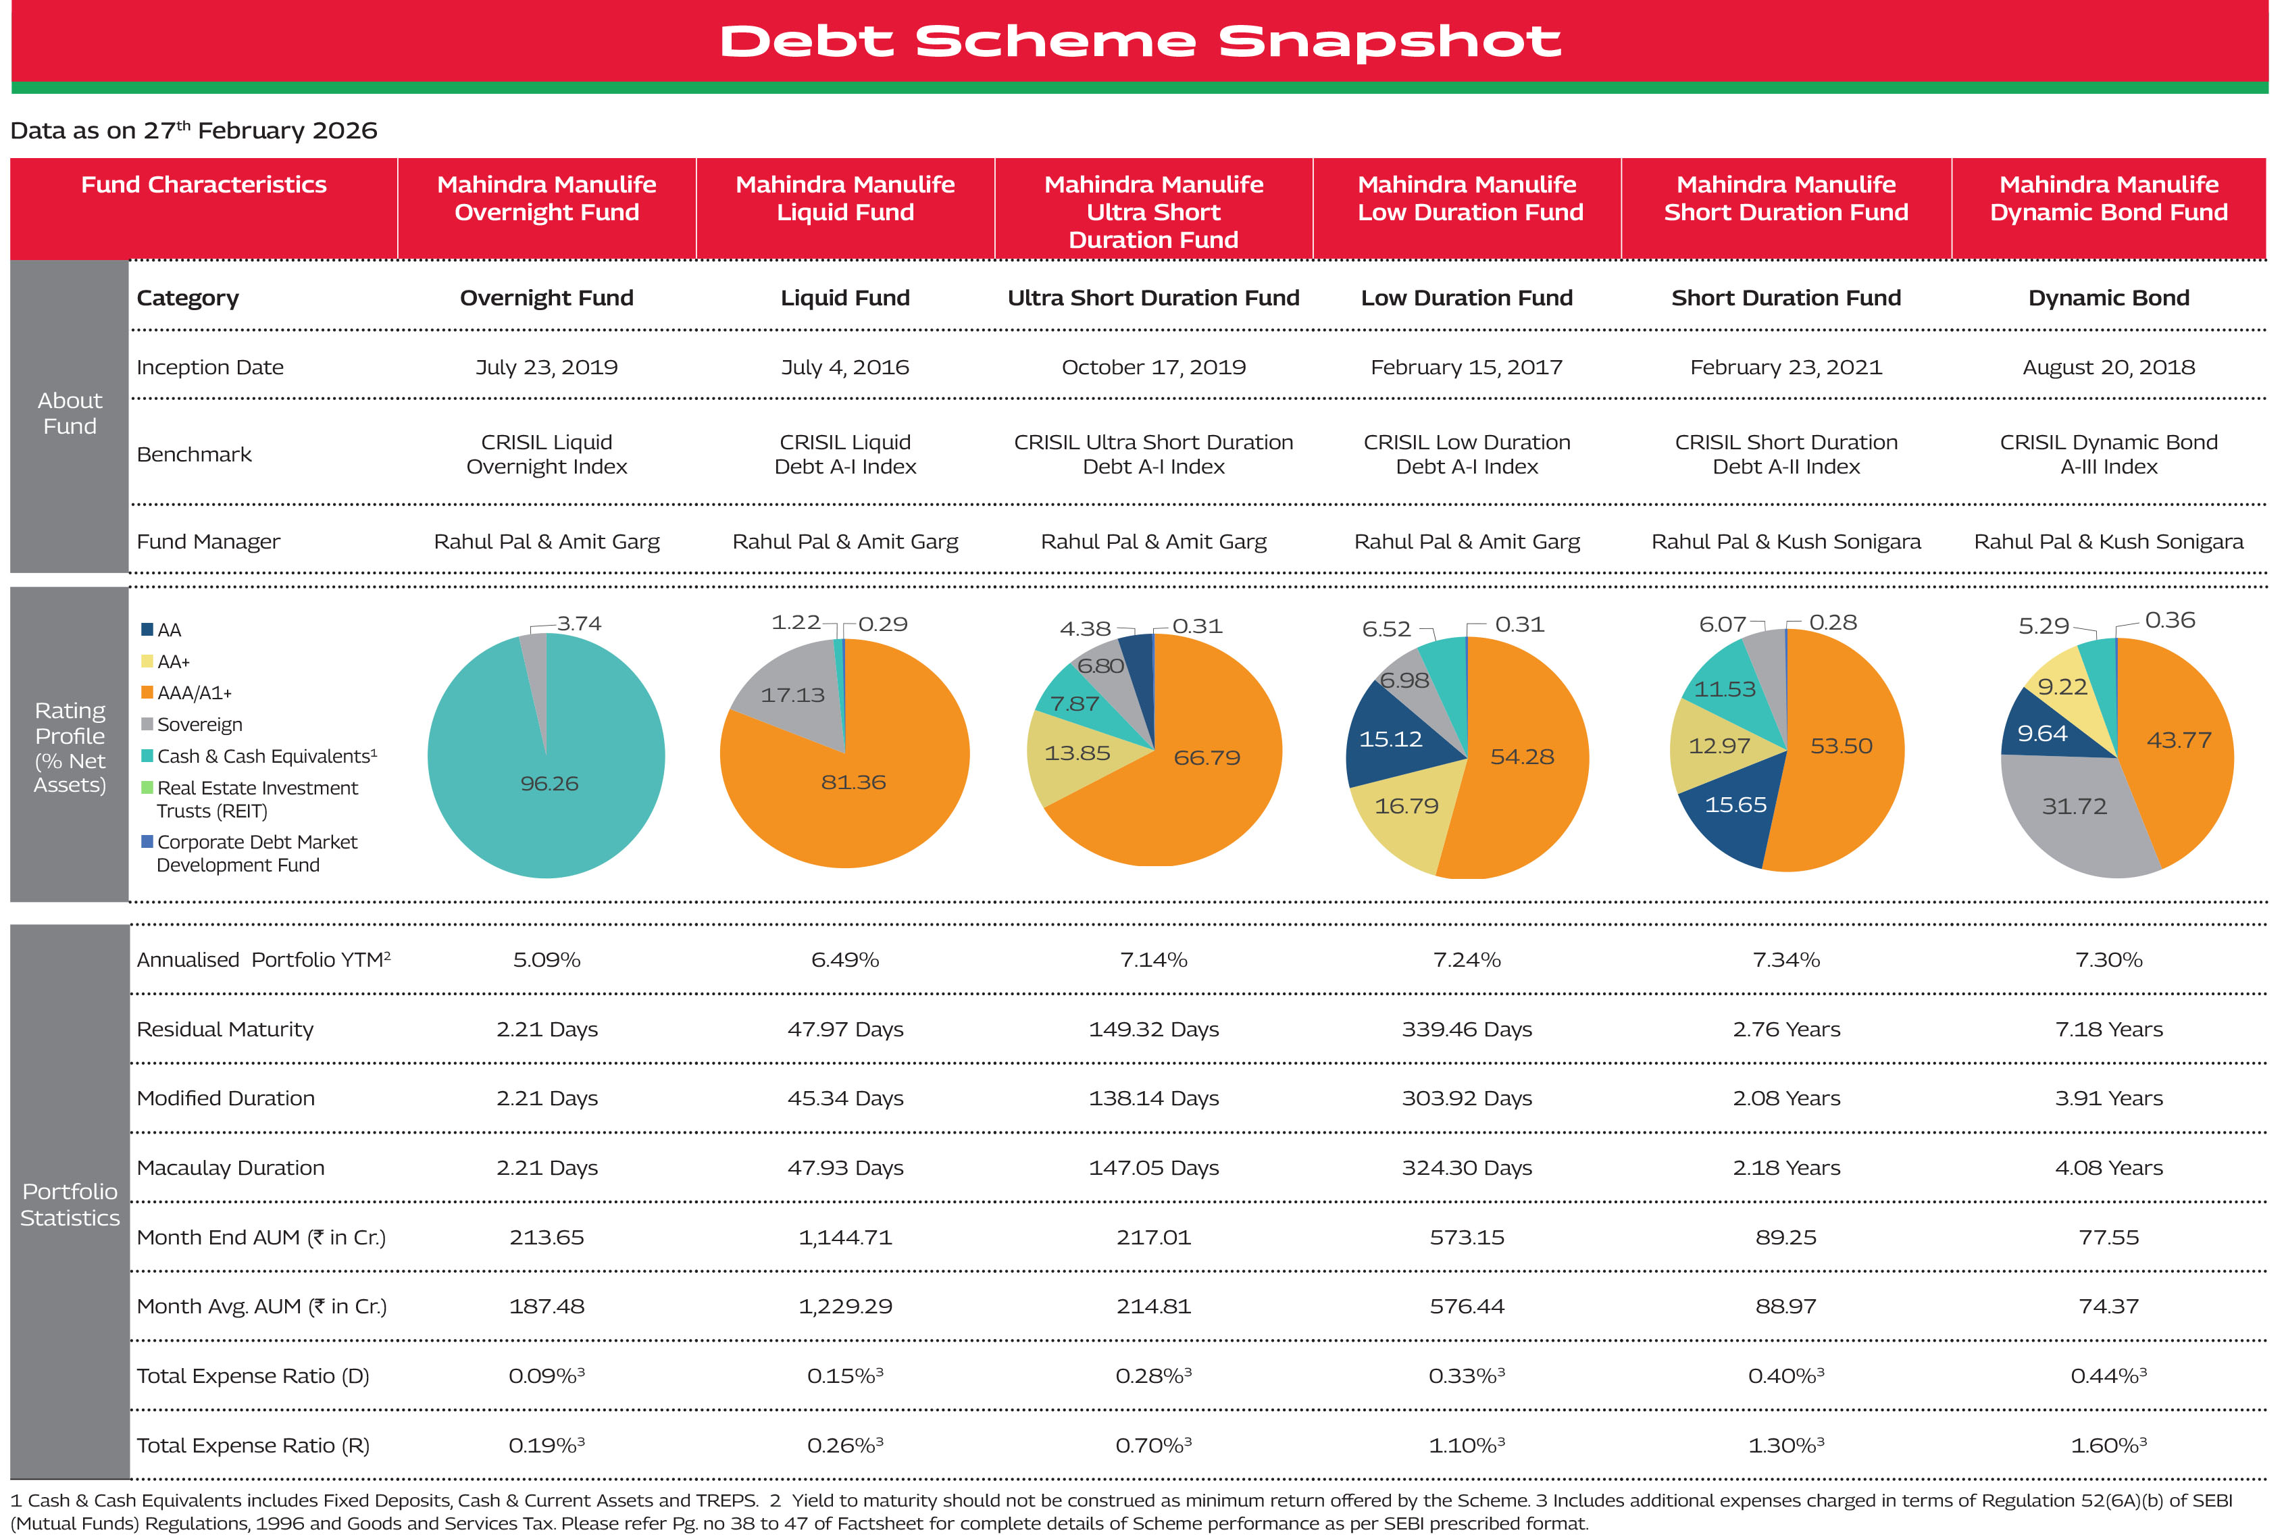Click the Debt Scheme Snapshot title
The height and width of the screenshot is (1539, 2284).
coord(1140,41)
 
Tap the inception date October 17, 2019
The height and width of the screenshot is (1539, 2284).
coord(1153,367)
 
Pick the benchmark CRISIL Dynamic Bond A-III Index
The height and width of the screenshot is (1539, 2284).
coord(2108,455)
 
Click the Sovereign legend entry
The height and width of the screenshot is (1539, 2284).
coord(199,724)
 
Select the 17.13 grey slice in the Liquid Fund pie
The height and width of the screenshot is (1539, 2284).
coord(792,695)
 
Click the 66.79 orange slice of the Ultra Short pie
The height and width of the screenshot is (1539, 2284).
coord(1207,758)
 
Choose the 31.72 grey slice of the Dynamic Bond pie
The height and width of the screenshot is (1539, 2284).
coord(2074,807)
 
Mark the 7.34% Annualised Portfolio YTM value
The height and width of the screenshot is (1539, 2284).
coord(1785,960)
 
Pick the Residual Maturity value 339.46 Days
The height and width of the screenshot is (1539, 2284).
coord(1467,1030)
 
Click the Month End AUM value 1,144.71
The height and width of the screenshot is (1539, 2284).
coord(844,1238)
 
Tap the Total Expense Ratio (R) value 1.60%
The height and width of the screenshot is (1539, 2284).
coord(2108,1446)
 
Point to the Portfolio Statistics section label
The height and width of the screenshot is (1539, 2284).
coord(70,1205)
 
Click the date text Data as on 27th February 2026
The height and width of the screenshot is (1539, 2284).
coord(193,130)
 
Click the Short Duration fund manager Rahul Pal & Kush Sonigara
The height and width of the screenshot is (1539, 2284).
coord(1785,542)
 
